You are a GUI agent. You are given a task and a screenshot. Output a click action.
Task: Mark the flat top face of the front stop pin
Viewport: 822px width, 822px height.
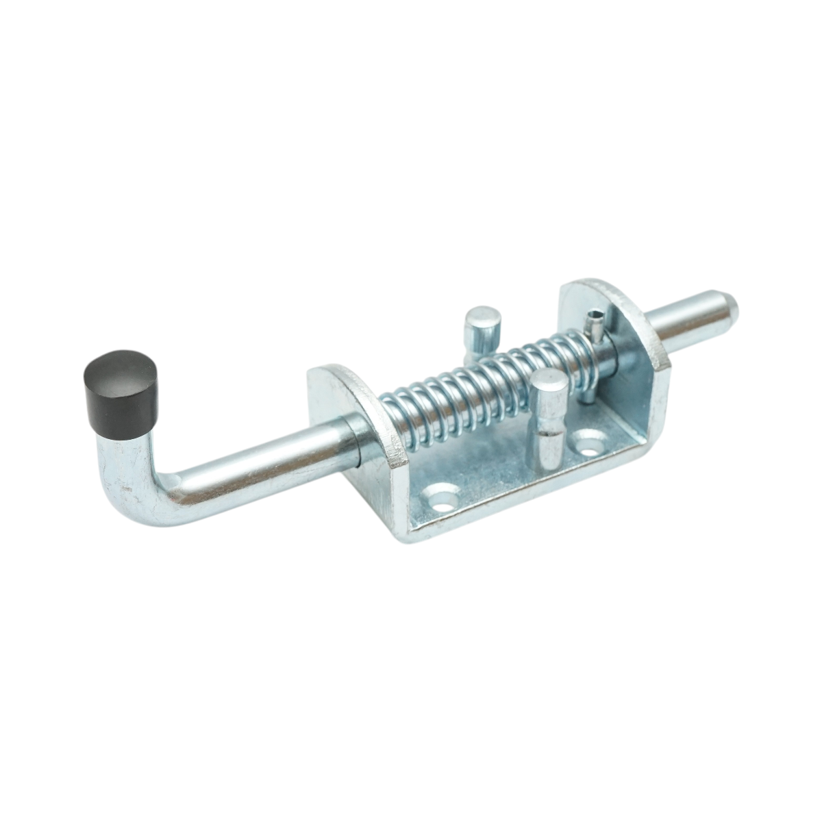(x=551, y=382)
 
